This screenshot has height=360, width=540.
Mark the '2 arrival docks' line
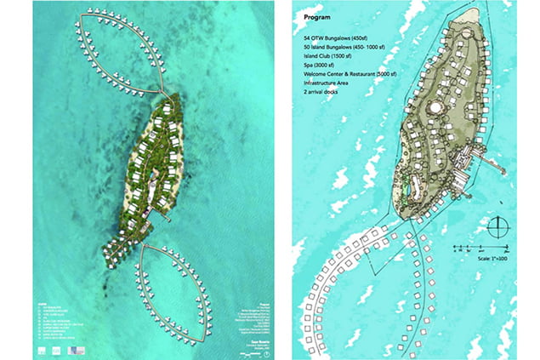(x=322, y=106)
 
